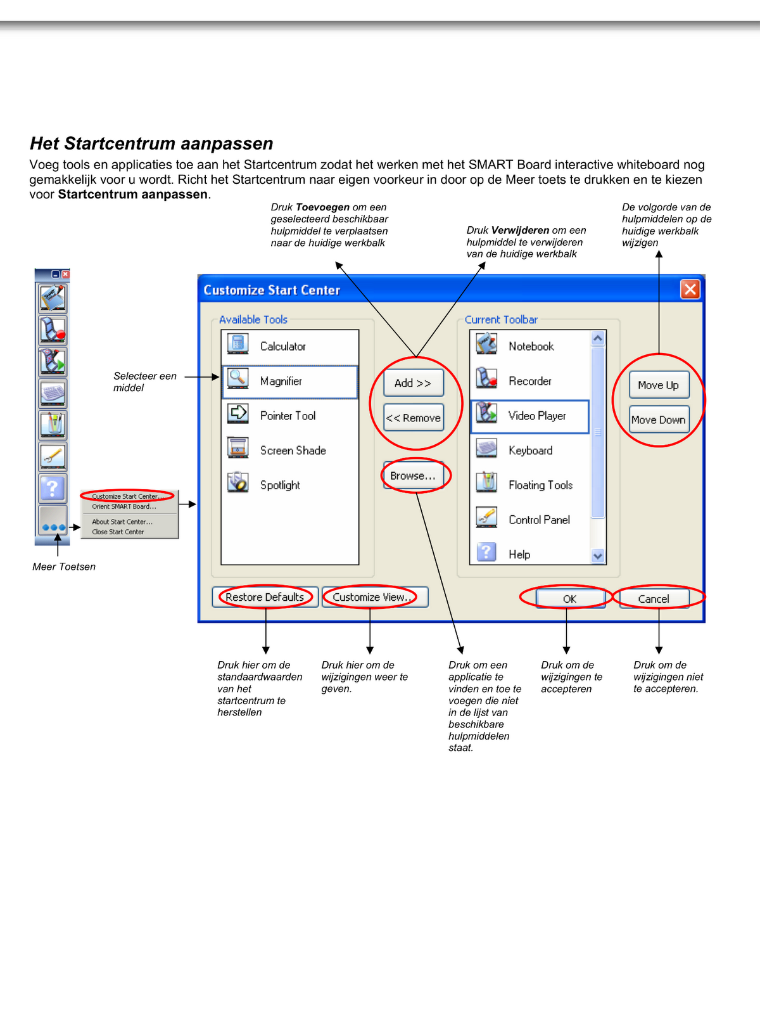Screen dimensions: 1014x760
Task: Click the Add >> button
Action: (413, 383)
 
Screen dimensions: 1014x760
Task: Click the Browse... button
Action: (413, 475)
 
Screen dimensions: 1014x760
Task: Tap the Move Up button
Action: (659, 385)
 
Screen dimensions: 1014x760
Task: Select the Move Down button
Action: (659, 420)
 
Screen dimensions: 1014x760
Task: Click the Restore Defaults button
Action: (265, 597)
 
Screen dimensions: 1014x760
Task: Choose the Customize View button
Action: (374, 597)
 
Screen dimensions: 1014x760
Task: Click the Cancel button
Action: (654, 598)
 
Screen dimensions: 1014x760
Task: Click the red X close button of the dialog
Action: (690, 290)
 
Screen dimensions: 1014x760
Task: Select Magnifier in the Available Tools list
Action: (281, 381)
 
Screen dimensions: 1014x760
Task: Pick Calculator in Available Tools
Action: (282, 346)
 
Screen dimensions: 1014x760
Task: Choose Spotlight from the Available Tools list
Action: (280, 485)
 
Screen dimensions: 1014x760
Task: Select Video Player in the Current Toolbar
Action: (537, 416)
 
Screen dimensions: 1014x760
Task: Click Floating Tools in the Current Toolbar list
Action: (540, 485)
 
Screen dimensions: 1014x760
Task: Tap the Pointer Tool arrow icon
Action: (238, 413)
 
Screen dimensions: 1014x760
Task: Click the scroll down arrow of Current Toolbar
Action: (598, 556)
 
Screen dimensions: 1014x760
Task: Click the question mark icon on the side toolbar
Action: (53, 488)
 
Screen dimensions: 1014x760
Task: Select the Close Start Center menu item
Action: (118, 532)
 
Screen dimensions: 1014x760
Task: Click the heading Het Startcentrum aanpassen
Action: (151, 144)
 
